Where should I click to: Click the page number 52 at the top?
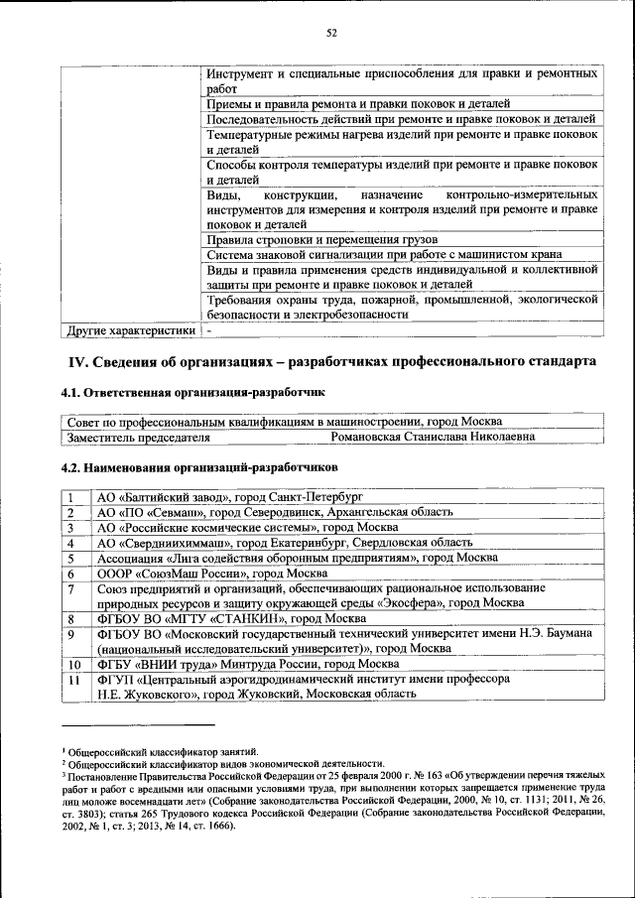pyautogui.click(x=332, y=33)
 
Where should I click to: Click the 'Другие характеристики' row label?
pyautogui.click(x=129, y=329)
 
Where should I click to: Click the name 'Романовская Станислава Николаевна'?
pyautogui.click(x=433, y=436)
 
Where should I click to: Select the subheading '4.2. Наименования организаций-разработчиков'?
pyautogui.click(x=199, y=466)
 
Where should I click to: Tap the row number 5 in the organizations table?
pyautogui.click(x=72, y=559)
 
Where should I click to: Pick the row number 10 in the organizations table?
pyautogui.click(x=72, y=664)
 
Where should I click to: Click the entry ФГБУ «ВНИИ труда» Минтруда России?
pyautogui.click(x=248, y=664)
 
